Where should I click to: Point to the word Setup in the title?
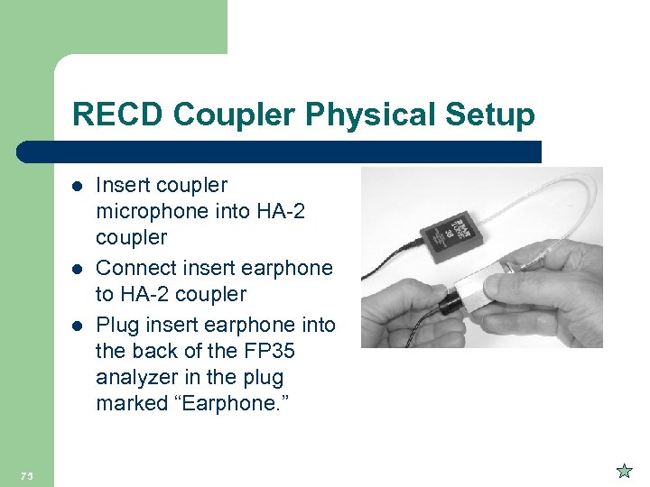[487, 115]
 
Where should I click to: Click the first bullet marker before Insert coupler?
[78, 186]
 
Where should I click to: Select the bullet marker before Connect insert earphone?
[78, 269]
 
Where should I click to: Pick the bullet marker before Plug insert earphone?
[78, 325]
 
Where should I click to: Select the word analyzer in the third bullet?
[135, 378]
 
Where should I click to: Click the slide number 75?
[26, 475]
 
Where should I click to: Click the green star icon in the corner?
[623, 471]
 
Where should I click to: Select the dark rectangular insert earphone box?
[457, 235]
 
